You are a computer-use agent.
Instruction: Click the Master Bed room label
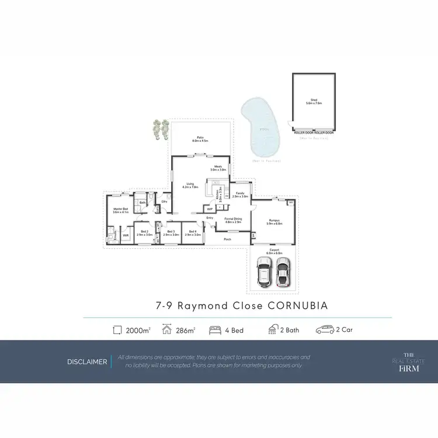point(121,210)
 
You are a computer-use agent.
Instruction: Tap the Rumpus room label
point(274,222)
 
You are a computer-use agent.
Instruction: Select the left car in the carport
point(264,272)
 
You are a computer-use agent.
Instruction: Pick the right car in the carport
point(283,271)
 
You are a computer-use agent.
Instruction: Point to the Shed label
point(314,101)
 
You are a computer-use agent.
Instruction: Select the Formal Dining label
point(233,221)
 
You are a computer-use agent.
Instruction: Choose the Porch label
point(228,239)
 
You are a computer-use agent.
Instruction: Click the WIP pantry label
point(210,208)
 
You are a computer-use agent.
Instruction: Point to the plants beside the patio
point(160,130)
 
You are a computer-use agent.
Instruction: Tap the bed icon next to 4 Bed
point(215,330)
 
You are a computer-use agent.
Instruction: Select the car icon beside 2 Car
point(324,330)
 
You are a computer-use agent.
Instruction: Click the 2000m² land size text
point(138,330)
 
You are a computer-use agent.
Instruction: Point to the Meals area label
point(218,168)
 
